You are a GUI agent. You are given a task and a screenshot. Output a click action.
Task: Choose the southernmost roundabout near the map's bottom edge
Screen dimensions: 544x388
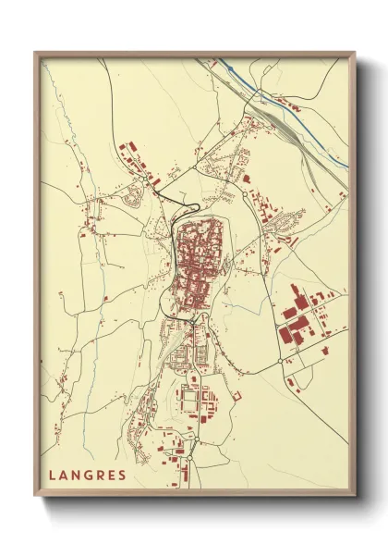[x=188, y=457]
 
